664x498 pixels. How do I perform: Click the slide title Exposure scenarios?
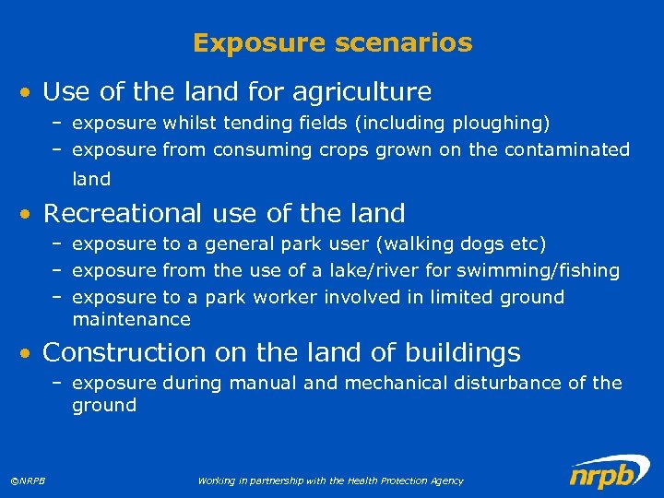pos(332,42)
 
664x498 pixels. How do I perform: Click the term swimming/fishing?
pos(550,270)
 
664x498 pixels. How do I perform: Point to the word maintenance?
pos(131,320)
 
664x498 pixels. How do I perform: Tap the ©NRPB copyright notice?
pos(30,480)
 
